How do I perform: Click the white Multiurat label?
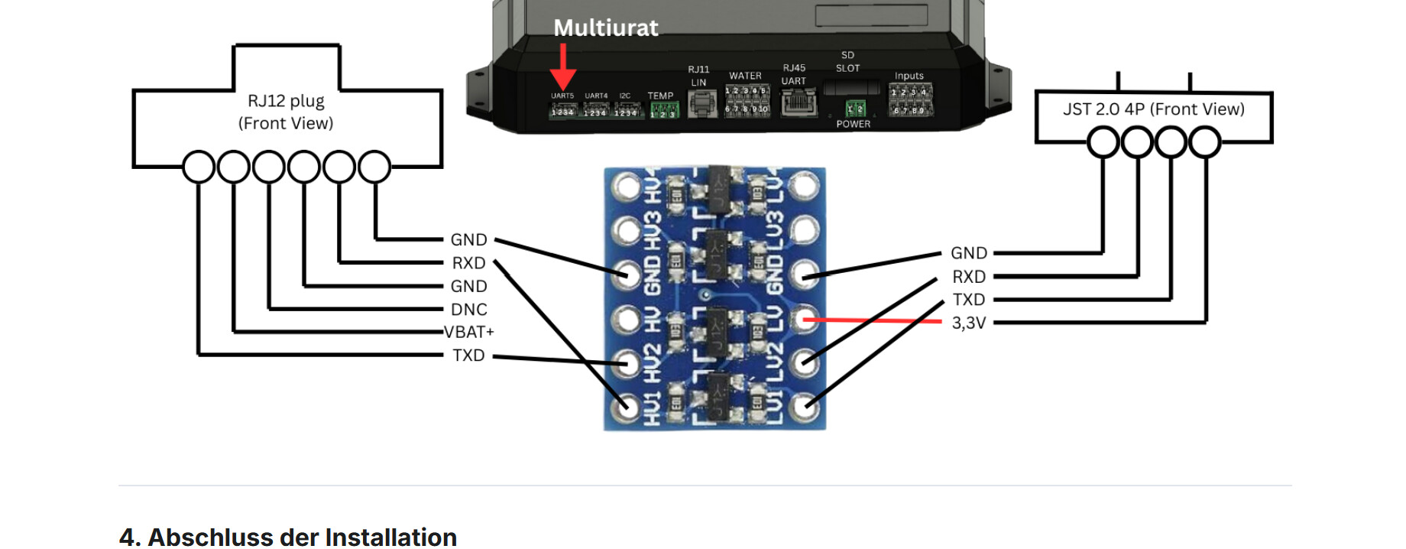(605, 28)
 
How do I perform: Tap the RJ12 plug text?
(286, 101)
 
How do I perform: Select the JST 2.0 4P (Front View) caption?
(1153, 109)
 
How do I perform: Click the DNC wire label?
(468, 310)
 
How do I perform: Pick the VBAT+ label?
(469, 332)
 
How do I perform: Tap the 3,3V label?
(968, 323)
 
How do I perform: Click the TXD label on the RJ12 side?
(468, 356)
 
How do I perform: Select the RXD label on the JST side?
(968, 277)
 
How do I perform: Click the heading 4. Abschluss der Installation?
(288, 537)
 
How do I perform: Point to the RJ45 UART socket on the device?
(797, 102)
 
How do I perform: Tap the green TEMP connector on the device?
(663, 111)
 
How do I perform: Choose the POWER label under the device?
(853, 124)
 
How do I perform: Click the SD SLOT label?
(847, 61)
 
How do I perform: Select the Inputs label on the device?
(909, 76)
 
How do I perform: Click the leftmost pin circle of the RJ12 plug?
(199, 167)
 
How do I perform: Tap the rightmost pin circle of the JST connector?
(1205, 142)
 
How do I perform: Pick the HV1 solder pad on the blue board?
(627, 406)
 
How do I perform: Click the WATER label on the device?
(745, 76)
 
